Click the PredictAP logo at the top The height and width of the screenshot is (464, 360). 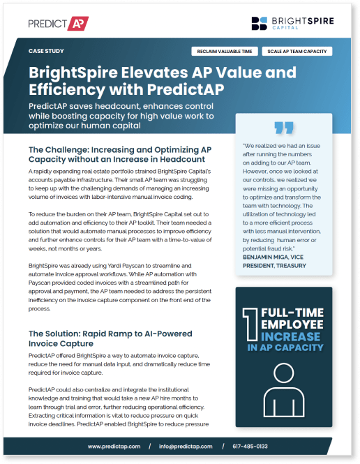pos(59,24)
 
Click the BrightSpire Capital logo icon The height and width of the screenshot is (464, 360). pos(260,24)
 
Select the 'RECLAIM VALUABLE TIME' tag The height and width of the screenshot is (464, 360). pos(227,51)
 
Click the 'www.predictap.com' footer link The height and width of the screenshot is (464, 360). pos(114,446)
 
